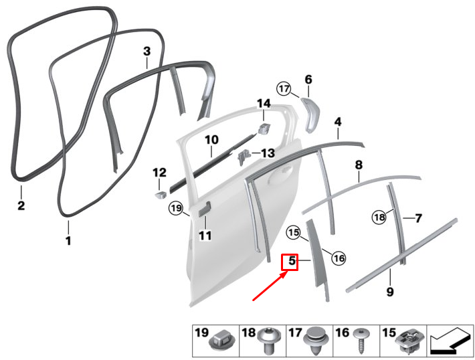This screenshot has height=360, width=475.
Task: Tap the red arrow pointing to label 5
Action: click(270, 286)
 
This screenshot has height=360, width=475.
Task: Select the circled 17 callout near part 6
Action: click(284, 89)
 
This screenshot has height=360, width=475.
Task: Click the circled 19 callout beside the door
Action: click(176, 208)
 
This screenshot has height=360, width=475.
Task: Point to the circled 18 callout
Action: click(379, 217)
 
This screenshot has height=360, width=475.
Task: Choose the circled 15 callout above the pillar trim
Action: click(294, 233)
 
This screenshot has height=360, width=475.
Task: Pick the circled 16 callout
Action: click(339, 258)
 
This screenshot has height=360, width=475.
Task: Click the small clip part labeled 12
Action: click(161, 194)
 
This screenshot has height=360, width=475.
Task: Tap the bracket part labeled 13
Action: click(244, 157)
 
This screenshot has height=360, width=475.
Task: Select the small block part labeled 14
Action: click(264, 128)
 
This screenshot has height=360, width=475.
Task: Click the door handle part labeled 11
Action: click(205, 209)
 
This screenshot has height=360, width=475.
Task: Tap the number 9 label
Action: click(390, 292)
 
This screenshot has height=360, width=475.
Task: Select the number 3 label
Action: click(147, 51)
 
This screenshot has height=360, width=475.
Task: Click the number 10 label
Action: click(211, 140)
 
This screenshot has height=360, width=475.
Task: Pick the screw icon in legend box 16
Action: click(361, 341)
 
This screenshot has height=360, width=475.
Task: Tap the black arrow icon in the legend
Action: click(450, 341)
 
